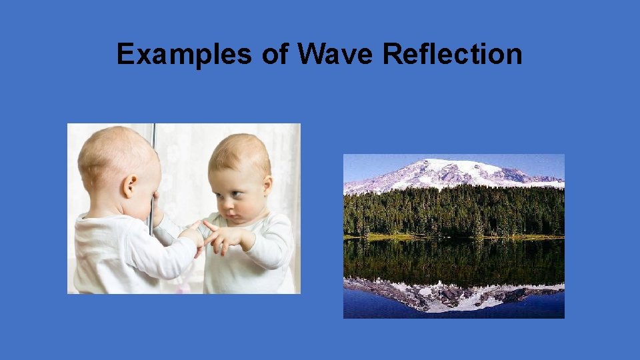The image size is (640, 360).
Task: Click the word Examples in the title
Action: point(185,55)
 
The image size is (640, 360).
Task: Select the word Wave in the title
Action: point(336,55)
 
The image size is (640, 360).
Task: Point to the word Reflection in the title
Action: point(453,55)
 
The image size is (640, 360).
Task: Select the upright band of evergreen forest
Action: point(453,210)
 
